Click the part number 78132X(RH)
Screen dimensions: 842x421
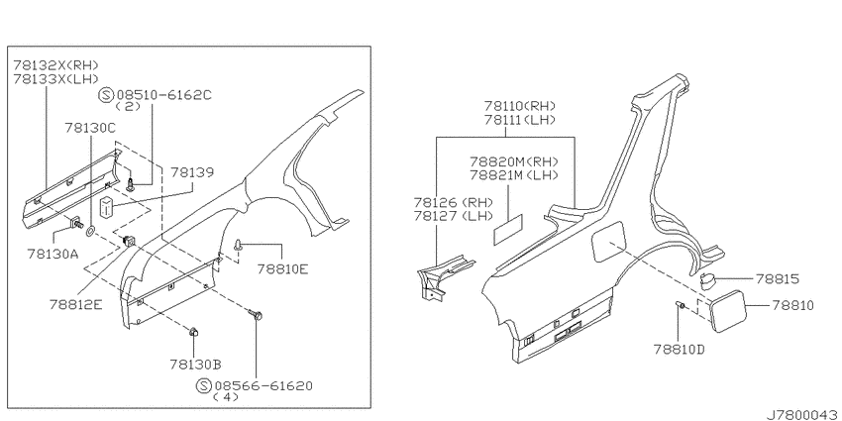tap(56, 65)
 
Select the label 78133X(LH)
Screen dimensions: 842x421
tap(56, 79)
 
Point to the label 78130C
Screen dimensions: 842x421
tap(90, 128)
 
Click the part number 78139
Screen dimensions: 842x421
tap(192, 172)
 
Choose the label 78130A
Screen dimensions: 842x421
tap(53, 254)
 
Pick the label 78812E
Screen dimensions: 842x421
tap(75, 304)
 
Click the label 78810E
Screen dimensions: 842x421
tap(282, 268)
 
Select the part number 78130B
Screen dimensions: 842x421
tap(195, 365)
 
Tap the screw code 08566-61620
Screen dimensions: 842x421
tap(263, 385)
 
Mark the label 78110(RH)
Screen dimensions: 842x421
tap(520, 106)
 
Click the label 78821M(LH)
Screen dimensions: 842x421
tap(514, 174)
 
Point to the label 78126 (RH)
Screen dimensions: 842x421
tap(454, 203)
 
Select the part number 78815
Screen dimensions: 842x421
tap(777, 279)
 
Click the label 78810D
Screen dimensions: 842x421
tap(680, 350)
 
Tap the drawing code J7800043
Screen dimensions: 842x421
tap(803, 414)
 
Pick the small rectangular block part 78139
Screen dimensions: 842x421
tap(107, 209)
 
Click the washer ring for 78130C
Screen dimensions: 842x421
tap(91, 232)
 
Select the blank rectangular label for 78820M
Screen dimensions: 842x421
tap(508, 229)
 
